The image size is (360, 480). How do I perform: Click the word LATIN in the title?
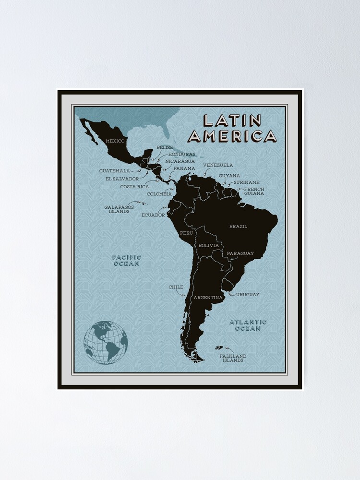tap(232, 120)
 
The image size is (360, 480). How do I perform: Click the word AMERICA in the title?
tap(232, 136)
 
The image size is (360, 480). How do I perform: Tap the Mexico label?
tap(115, 141)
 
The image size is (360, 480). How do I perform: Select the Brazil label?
tap(238, 226)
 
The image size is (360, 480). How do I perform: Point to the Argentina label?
tap(208, 298)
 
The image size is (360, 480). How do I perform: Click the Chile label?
tap(176, 287)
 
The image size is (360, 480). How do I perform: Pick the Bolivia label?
tap(208, 245)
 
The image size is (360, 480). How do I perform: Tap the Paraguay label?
tap(240, 253)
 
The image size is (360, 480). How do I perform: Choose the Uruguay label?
tap(248, 294)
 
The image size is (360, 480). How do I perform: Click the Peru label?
tap(186, 233)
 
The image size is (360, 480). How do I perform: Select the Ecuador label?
tap(153, 215)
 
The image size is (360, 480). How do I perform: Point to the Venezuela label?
tap(218, 165)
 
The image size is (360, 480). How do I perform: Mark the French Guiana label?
tap(254, 191)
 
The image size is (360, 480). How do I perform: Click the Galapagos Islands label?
tap(119, 209)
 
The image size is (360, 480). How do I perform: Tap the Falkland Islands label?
tap(233, 358)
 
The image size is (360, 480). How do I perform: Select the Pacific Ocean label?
tap(127, 260)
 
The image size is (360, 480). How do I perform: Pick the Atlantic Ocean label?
tap(248, 325)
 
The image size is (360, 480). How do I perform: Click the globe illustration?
tap(106, 342)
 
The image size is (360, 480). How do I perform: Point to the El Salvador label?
tap(122, 179)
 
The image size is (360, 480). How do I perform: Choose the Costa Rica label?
tap(134, 186)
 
